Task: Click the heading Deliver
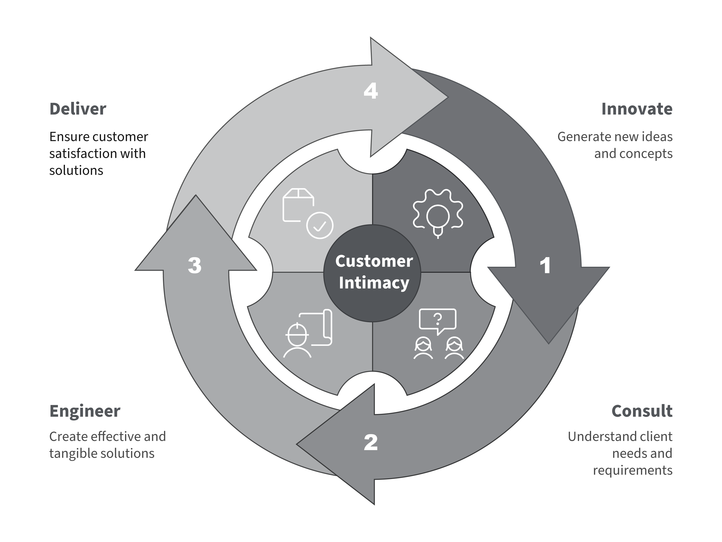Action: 78,109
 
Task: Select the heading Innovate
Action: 637,109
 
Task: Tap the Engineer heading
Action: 85,411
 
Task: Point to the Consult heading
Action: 642,411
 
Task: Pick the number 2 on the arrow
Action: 371,443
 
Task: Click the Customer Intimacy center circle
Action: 372,273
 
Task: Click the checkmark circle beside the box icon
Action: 320,225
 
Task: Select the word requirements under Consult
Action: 633,470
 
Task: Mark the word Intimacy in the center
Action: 374,283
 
